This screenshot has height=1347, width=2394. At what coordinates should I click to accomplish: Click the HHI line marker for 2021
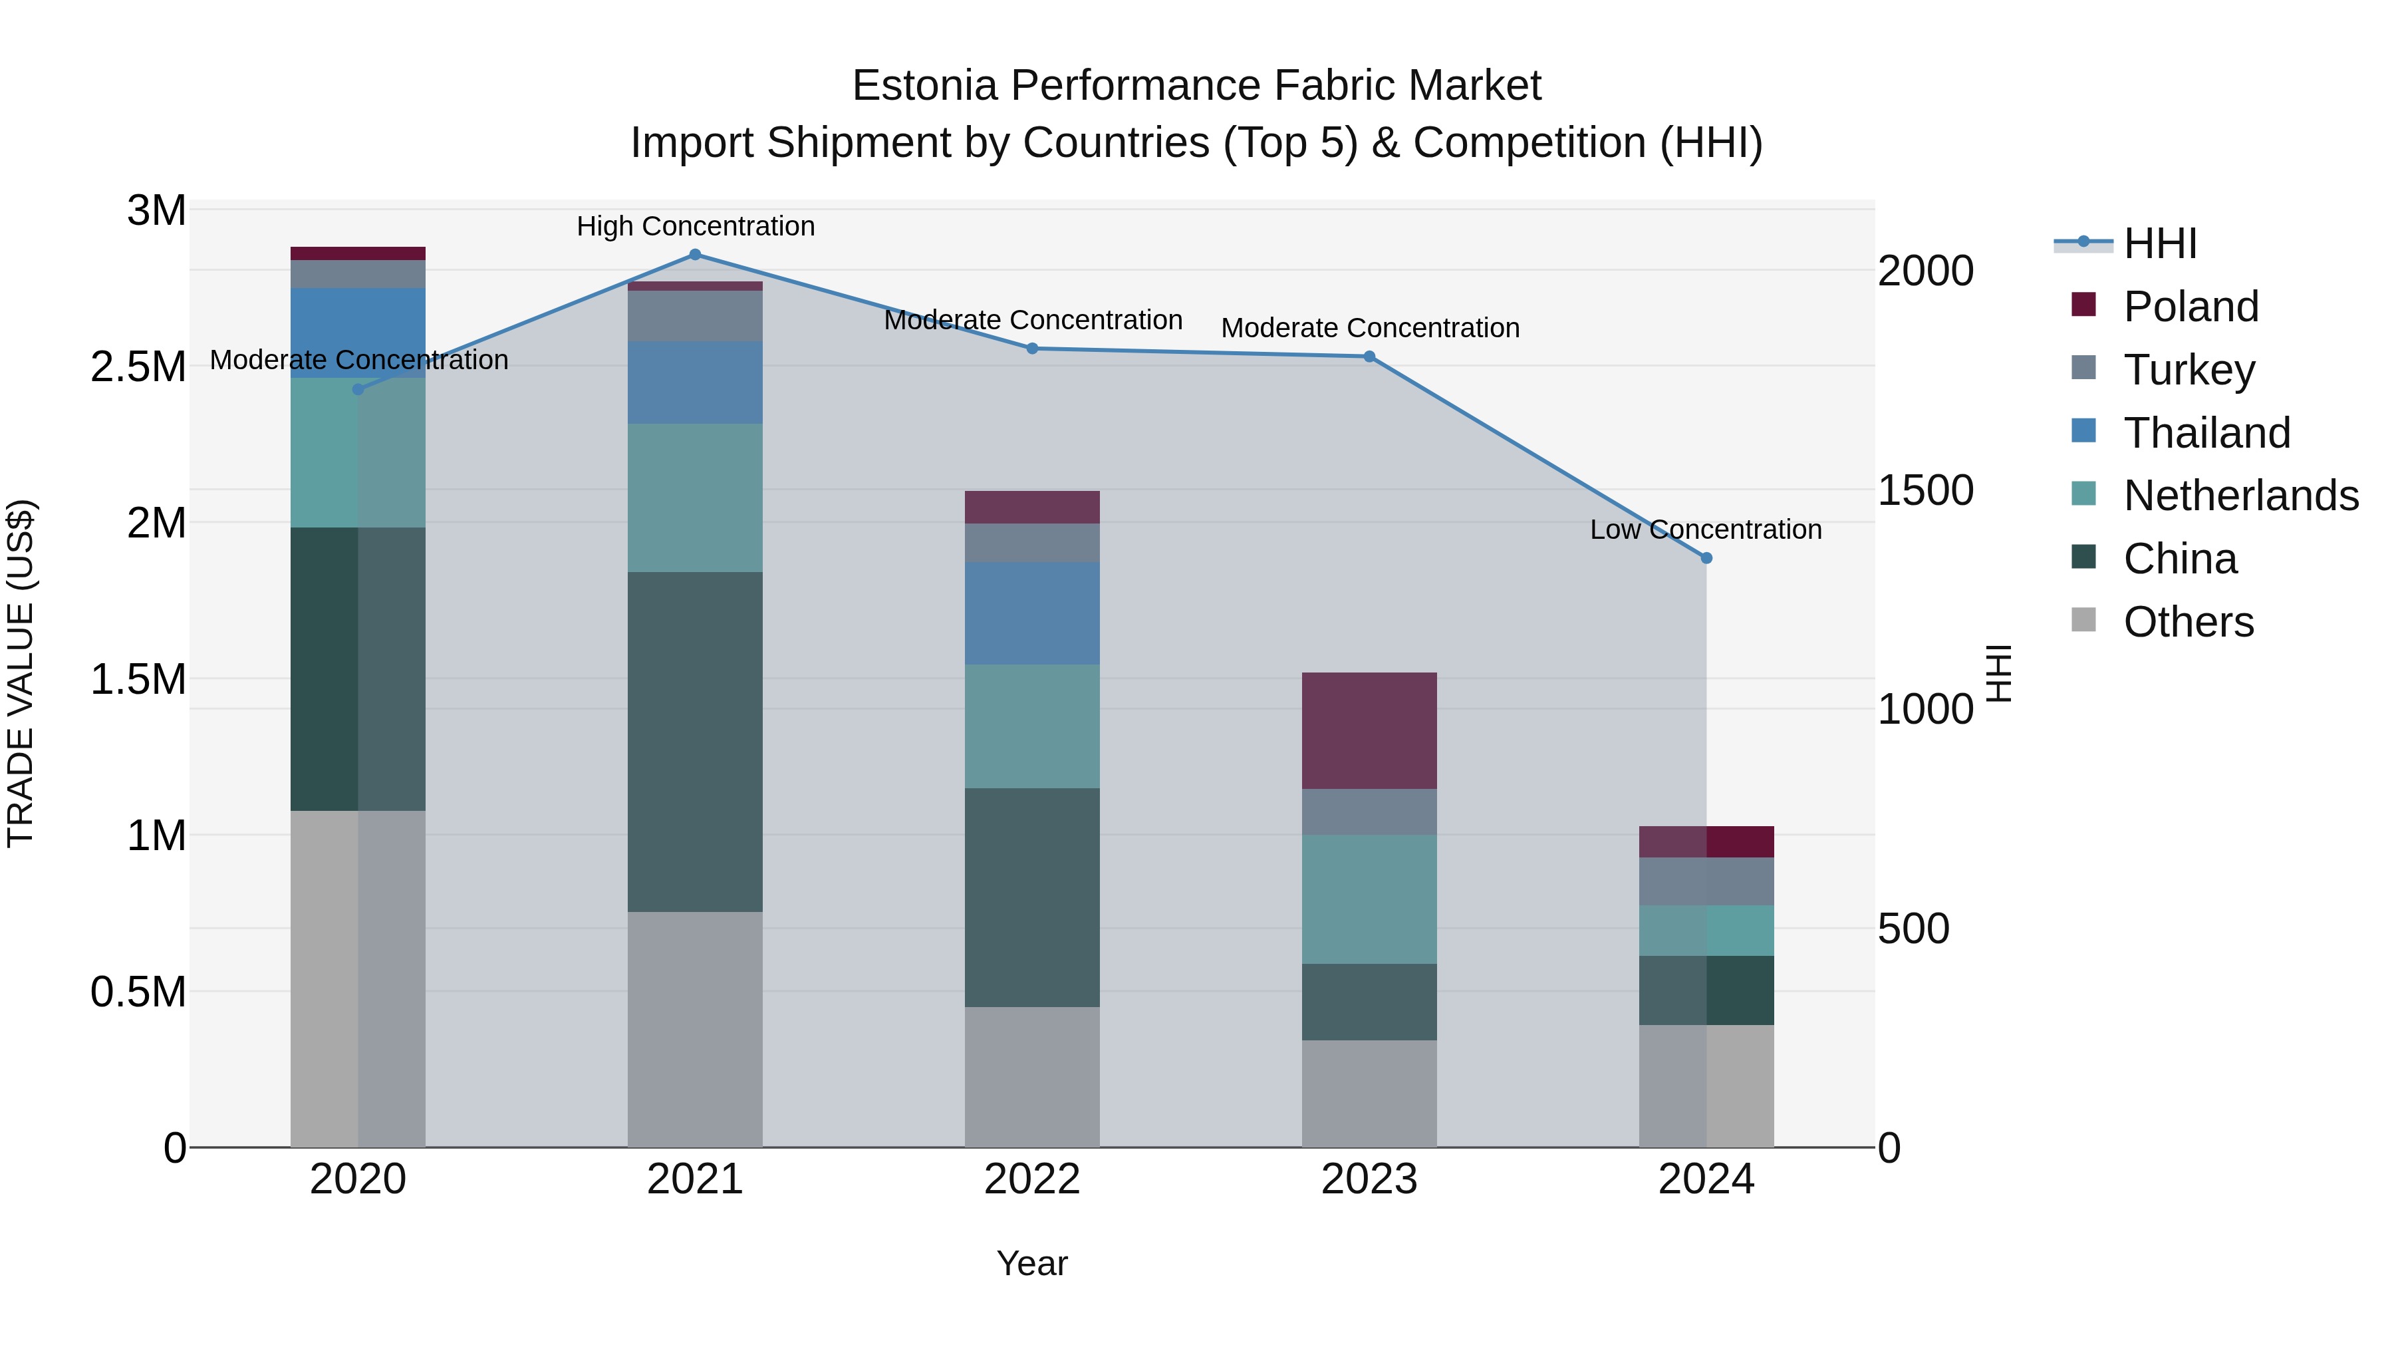[x=694, y=255]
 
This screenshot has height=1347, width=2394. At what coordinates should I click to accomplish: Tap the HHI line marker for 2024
[x=1706, y=558]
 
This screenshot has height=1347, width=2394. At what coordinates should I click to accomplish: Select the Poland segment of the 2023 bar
[x=1369, y=730]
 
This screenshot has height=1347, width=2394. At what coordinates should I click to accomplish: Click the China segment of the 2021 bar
[x=694, y=742]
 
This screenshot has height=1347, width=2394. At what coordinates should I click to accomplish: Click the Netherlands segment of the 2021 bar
[x=694, y=498]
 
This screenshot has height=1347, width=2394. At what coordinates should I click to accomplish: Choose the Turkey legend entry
[x=2189, y=370]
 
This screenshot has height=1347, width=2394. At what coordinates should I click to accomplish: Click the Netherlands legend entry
[x=2240, y=496]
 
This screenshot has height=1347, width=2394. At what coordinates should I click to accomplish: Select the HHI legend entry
[x=2159, y=243]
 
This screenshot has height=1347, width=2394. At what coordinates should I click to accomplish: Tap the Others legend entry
[x=2188, y=622]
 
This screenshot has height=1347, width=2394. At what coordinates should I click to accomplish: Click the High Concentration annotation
[x=695, y=227]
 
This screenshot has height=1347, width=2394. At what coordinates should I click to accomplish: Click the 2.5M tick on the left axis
[x=138, y=367]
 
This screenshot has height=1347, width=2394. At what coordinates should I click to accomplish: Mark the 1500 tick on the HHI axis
[x=1925, y=491]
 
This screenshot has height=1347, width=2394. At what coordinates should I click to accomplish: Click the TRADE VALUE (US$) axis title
[x=21, y=673]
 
